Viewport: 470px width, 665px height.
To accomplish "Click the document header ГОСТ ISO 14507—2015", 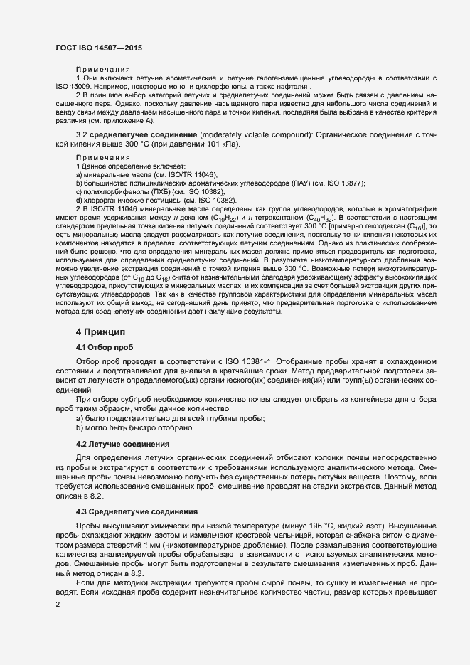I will pos(98,48).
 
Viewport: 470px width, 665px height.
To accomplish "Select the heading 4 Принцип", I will pos(100,331).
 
